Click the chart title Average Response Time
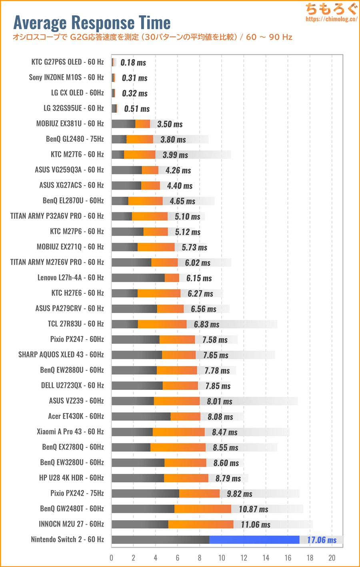[92, 22]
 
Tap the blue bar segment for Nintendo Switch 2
[254, 540]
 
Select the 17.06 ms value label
[322, 540]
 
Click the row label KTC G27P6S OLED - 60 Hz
[67, 62]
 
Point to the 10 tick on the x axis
[222, 558]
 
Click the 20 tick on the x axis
[332, 558]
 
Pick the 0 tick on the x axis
[112, 558]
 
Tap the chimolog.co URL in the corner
[331, 19]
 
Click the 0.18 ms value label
[133, 63]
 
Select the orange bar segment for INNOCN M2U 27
[201, 524]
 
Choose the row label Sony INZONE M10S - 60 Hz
[66, 77]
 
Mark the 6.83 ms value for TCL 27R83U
[206, 324]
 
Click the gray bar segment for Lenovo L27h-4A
[138, 278]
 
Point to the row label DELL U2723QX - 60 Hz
[72, 385]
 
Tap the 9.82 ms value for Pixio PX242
[239, 494]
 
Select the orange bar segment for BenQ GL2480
[140, 139]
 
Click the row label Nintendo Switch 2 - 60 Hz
[67, 539]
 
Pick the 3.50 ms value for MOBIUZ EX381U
[170, 124]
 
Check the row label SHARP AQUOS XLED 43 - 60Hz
[61, 355]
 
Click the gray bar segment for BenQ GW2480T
[143, 509]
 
